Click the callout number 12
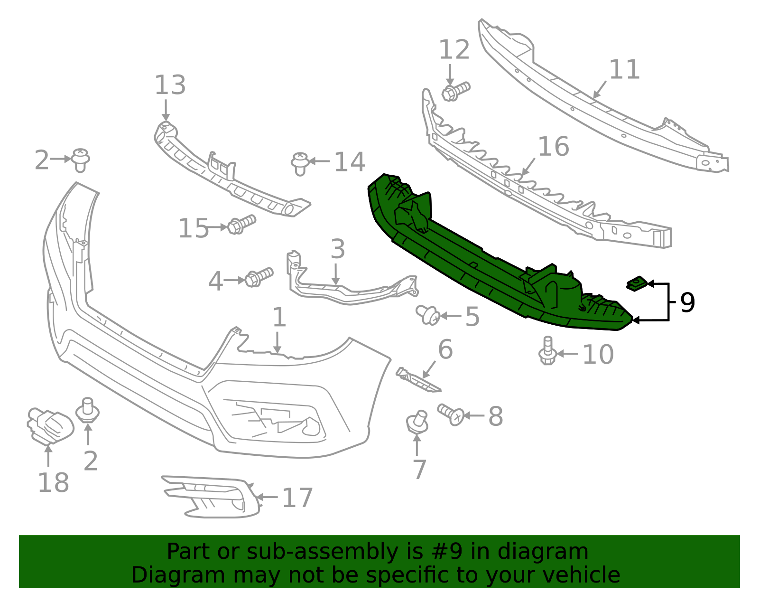click(454, 50)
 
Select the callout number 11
click(624, 69)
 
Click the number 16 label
click(553, 146)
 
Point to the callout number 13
click(170, 85)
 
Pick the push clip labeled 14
click(300, 163)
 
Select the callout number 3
click(337, 249)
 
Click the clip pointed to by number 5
click(427, 314)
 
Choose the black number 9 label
click(687, 302)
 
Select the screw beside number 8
click(450, 414)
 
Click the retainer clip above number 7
click(417, 422)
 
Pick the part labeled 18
click(49, 425)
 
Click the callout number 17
click(297, 498)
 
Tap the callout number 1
click(279, 317)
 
